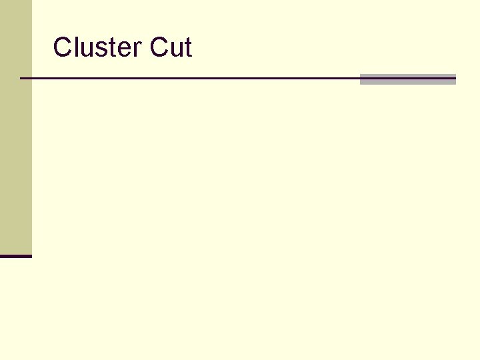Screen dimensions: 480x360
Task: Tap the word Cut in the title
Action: coord(171,48)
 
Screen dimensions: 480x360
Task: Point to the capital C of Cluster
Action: coord(62,48)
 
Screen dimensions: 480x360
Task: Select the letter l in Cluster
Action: coord(74,48)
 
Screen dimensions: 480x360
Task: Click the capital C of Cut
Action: coord(160,48)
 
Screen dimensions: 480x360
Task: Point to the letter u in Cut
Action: coord(176,50)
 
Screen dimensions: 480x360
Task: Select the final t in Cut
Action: coord(188,49)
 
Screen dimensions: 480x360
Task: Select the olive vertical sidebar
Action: coord(15,127)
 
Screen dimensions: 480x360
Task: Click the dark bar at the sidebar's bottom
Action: coord(15,256)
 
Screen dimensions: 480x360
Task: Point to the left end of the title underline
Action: coord(22,78)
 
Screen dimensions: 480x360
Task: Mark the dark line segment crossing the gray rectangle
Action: coord(407,78)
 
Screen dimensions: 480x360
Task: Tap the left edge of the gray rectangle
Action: coord(361,79)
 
